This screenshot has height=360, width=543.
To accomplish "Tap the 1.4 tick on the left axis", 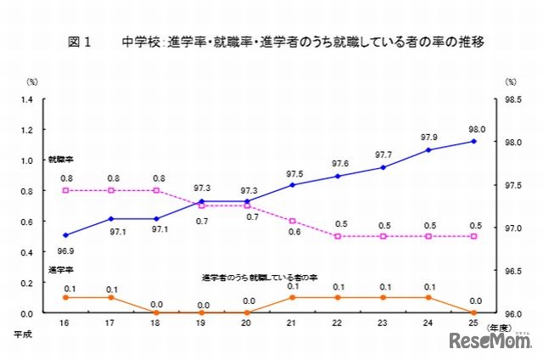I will [x=32, y=99].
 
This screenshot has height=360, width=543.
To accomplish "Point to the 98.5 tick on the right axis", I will [x=512, y=99].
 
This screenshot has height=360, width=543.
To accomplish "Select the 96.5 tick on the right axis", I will [x=512, y=271].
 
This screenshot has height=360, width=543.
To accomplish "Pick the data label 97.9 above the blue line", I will [x=428, y=137].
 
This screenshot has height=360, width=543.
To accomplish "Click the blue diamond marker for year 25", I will [x=474, y=141].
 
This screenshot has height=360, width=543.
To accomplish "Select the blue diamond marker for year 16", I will [x=66, y=235].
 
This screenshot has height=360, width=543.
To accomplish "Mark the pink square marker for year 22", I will [x=338, y=236].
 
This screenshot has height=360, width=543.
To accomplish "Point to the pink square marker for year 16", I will [x=66, y=190].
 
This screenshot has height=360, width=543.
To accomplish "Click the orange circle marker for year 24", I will [x=428, y=297].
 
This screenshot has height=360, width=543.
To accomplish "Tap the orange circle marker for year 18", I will [x=156, y=312].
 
